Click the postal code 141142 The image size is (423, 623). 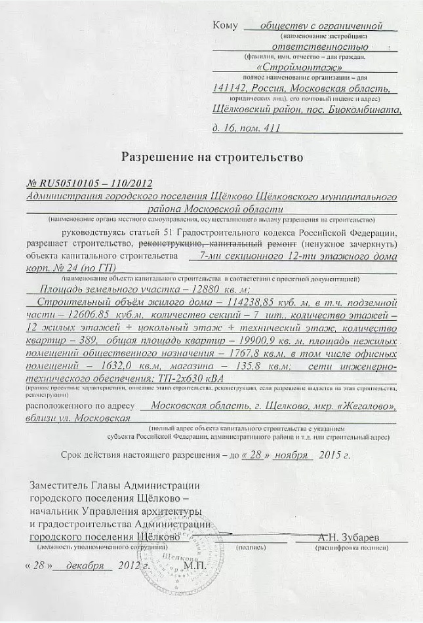coord(229,89)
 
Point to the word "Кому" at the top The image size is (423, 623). coord(225,26)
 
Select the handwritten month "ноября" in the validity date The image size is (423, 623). coord(291,454)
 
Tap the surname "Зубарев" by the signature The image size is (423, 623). coord(362,537)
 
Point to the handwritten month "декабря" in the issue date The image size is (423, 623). coord(85,565)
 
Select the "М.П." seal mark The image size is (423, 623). coord(195,565)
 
